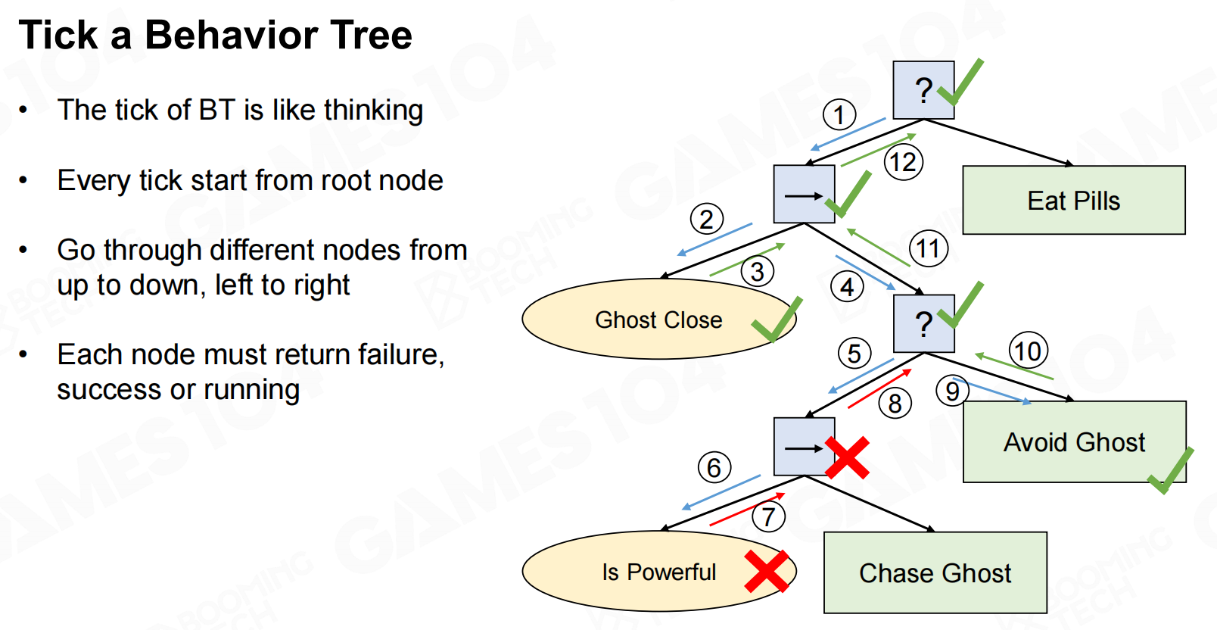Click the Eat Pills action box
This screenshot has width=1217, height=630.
[1073, 200]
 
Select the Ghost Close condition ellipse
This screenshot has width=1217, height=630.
[659, 319]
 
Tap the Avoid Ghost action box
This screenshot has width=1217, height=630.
[1074, 441]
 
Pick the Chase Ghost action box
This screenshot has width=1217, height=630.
[935, 572]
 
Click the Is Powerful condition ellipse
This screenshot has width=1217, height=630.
[659, 571]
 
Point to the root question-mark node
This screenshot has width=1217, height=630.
[923, 89]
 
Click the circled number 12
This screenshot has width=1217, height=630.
[903, 162]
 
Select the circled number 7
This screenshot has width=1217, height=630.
[768, 516]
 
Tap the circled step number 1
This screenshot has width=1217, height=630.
[839, 114]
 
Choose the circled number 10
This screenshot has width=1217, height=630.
[1028, 351]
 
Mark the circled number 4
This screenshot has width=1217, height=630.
[847, 286]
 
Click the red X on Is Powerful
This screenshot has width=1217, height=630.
[766, 571]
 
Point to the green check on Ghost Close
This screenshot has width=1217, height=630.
[777, 320]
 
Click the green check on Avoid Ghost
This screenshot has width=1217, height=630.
[1171, 471]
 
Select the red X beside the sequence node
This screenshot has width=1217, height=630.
[847, 457]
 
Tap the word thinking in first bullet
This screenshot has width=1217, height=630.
[374, 111]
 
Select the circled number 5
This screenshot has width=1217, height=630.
[854, 354]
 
